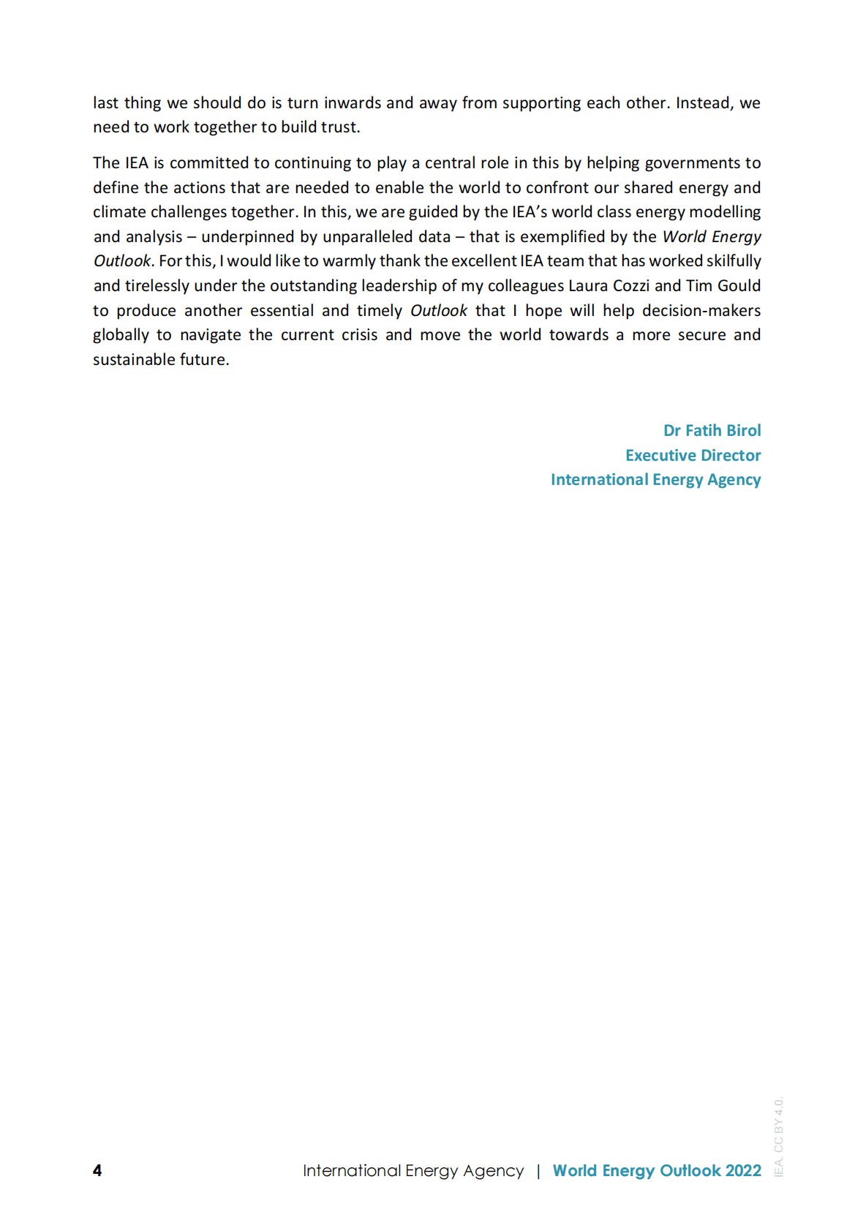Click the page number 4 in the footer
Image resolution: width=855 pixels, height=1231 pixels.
[97, 1170]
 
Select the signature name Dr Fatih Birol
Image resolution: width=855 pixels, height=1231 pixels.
[712, 430]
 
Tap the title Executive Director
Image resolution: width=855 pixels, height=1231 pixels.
[693, 455]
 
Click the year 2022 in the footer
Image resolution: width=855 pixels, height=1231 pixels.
[743, 1170]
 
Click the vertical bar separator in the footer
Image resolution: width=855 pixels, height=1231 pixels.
[538, 1170]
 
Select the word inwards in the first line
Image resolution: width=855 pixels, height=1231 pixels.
[353, 103]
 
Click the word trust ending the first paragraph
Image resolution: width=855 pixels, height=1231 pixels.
[339, 127]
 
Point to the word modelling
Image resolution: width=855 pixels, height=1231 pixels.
[725, 212]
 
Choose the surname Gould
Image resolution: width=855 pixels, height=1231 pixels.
[739, 286]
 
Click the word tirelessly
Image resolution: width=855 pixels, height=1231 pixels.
[157, 286]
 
